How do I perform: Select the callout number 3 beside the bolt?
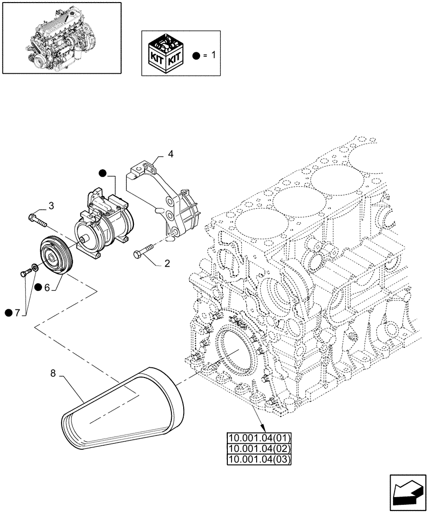[51, 206]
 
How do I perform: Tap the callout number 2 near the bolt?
[167, 264]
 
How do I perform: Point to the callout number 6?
[47, 288]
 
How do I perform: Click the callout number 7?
[17, 312]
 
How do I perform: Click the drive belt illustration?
[123, 405]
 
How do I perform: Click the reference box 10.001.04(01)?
[259, 438]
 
